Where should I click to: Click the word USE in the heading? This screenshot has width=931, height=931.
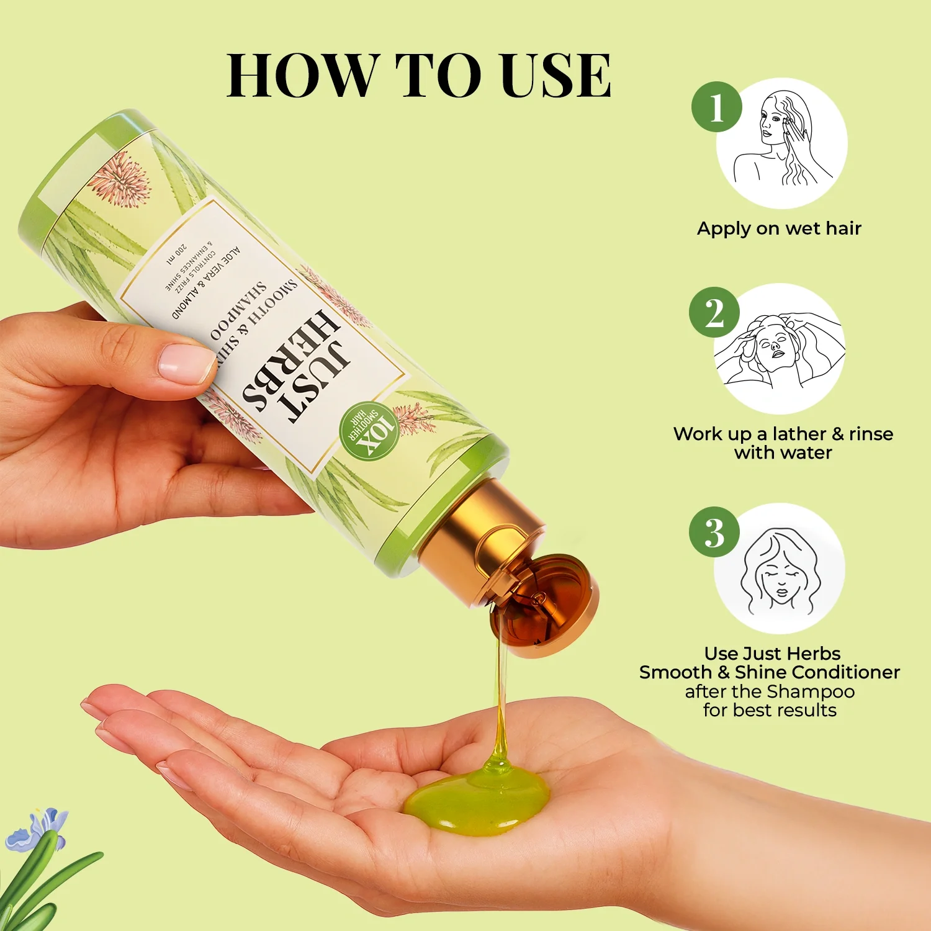[x=556, y=76]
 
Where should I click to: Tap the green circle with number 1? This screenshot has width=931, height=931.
[x=717, y=107]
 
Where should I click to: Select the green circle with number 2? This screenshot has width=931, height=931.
[x=714, y=313]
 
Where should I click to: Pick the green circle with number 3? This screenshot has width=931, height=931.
[x=714, y=533]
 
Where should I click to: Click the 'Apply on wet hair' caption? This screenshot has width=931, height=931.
[x=779, y=228]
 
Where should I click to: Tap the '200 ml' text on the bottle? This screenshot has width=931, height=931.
[x=177, y=255]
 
